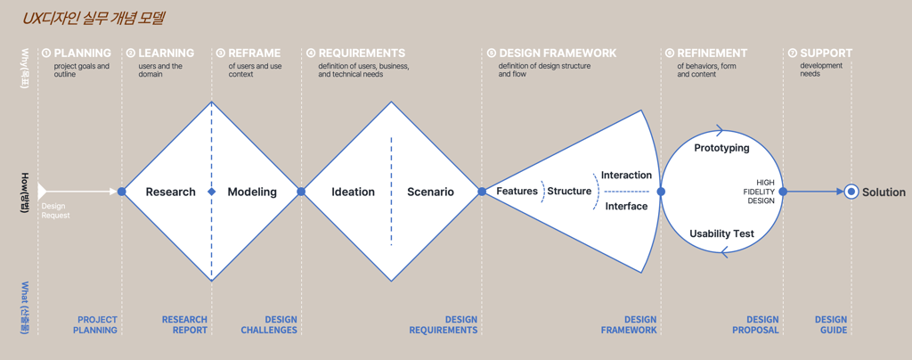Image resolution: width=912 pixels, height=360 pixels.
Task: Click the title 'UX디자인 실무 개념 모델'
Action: [x=94, y=18]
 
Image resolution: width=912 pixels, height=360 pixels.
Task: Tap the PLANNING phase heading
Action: [x=82, y=53]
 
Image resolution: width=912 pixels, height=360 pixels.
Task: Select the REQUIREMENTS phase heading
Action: [x=361, y=53]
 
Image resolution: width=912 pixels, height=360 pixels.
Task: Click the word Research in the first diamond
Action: [x=170, y=192]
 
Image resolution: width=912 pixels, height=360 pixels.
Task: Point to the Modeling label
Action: [x=252, y=192]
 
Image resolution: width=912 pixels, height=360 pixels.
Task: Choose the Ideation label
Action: [x=353, y=192]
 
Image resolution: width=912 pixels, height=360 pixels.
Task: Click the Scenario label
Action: [x=430, y=192]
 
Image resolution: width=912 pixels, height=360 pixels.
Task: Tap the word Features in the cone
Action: [x=517, y=192]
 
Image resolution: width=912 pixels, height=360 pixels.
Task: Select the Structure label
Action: [x=569, y=192]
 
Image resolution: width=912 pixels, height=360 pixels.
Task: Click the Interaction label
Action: [x=626, y=176]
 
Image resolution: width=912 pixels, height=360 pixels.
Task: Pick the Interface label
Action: [x=626, y=207]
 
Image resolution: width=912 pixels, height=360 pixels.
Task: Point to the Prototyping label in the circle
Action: [x=721, y=148]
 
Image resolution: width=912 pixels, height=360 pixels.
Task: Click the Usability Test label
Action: [x=721, y=233]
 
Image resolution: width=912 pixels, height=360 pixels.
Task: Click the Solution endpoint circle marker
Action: [x=851, y=192]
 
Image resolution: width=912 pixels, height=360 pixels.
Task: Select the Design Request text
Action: [x=55, y=211]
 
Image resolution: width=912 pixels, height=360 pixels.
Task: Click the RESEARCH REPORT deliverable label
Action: [x=184, y=324]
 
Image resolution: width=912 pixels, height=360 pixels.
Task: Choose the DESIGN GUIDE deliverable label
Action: [x=830, y=324]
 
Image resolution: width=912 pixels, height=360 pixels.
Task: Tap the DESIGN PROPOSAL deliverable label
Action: [x=761, y=324]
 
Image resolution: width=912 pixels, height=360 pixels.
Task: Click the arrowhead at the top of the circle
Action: [x=720, y=131]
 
